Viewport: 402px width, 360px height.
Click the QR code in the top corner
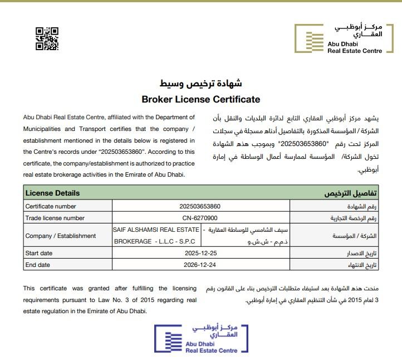pos(47,38)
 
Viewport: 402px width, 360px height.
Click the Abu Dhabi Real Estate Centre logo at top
pos(339,39)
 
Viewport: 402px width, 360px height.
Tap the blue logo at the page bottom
pos(202,339)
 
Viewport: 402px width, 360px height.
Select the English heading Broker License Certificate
pos(201,100)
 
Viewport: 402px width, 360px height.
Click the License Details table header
pos(53,193)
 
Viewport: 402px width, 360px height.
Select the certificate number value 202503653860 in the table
pos(200,206)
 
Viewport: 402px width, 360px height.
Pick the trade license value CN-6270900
pos(200,218)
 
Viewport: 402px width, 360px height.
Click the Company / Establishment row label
pos(61,236)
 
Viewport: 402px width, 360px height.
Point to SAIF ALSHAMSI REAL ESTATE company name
pos(156,230)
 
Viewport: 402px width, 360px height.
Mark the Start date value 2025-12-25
pos(200,254)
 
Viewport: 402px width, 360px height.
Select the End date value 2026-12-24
pos(200,265)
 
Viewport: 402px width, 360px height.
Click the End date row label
pos(38,265)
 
